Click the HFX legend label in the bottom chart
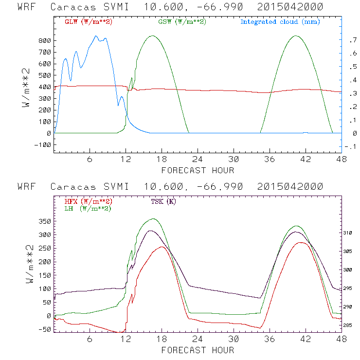(x=88, y=201)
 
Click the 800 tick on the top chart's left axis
(x=44, y=41)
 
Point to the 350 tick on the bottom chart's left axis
(x=44, y=221)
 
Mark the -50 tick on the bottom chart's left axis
(x=44, y=329)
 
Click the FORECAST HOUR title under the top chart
(x=198, y=170)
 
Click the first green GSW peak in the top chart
(x=153, y=36)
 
